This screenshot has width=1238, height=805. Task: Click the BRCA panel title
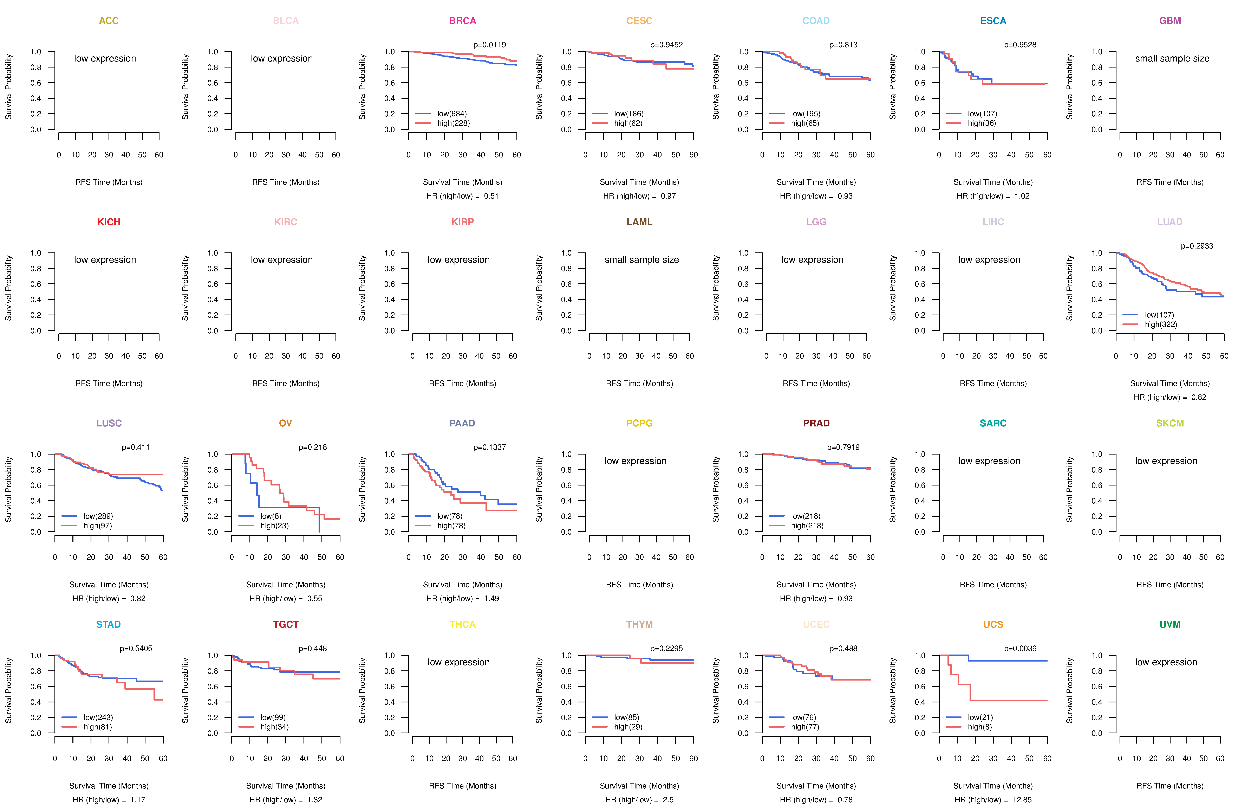pyautogui.click(x=462, y=21)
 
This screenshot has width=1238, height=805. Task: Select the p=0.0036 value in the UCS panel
pyautogui.click(x=1020, y=648)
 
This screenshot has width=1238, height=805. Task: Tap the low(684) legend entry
pyautogui.click(x=451, y=114)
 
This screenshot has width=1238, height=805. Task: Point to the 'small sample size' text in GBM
pyautogui.click(x=1172, y=58)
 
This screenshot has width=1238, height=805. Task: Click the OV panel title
pyautogui.click(x=286, y=423)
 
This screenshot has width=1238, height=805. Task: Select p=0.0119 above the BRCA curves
pyautogui.click(x=489, y=45)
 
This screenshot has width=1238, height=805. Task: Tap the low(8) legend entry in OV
pyautogui.click(x=271, y=516)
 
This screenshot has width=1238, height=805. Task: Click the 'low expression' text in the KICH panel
pyautogui.click(x=105, y=260)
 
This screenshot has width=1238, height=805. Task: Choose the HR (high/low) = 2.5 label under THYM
pyautogui.click(x=639, y=800)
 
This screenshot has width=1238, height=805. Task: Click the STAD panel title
pyautogui.click(x=108, y=624)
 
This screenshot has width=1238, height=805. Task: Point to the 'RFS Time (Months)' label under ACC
pyautogui.click(x=109, y=182)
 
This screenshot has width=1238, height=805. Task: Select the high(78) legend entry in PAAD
pyautogui.click(x=451, y=526)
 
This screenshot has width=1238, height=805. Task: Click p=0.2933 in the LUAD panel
pyautogui.click(x=1197, y=246)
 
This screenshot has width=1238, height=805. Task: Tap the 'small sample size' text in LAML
pyautogui.click(x=641, y=260)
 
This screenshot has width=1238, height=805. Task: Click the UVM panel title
pyautogui.click(x=1170, y=624)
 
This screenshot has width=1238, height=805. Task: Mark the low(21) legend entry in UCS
pyautogui.click(x=980, y=717)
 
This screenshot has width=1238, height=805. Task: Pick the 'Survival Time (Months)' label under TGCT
pyautogui.click(x=286, y=786)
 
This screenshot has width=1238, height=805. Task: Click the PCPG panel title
pyautogui.click(x=639, y=423)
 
